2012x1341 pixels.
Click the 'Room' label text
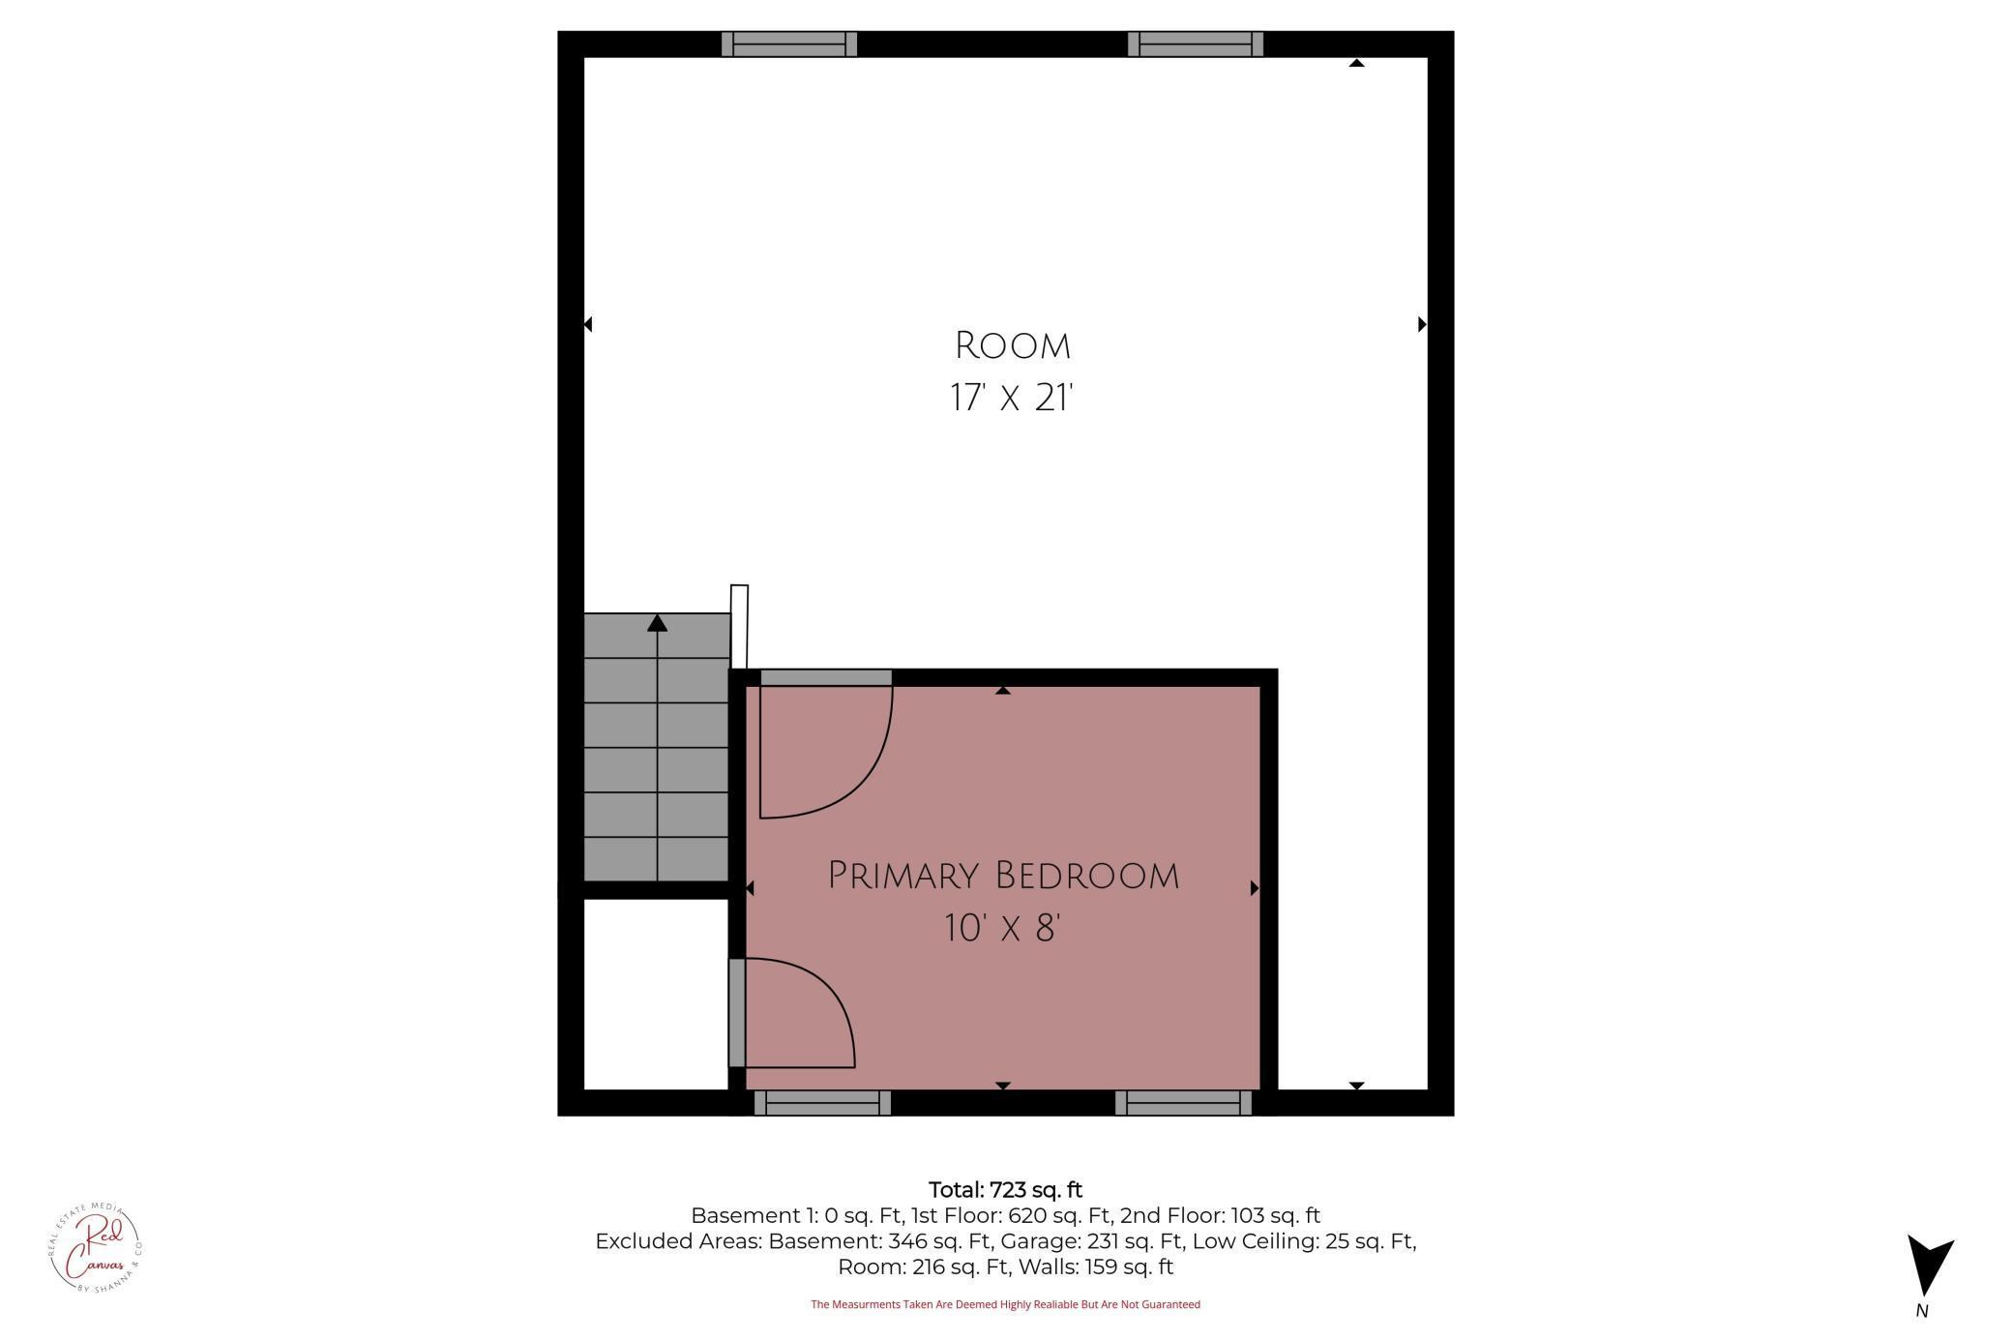point(1012,345)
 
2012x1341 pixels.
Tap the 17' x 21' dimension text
point(1012,398)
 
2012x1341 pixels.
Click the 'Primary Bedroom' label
point(1003,876)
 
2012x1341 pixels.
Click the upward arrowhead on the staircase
point(657,623)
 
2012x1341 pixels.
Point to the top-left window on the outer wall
point(789,44)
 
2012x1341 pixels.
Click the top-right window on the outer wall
point(1196,44)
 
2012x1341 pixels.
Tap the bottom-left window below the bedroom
point(822,1103)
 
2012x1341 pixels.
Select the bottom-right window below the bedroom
point(1183,1103)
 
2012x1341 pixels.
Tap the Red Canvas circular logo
point(95,1247)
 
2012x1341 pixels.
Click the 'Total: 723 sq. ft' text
point(1005,1190)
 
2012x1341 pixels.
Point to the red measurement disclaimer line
point(1005,1304)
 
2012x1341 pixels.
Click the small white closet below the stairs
point(656,994)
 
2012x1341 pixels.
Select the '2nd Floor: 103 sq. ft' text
point(1220,1216)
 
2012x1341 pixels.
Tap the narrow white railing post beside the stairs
point(739,626)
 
